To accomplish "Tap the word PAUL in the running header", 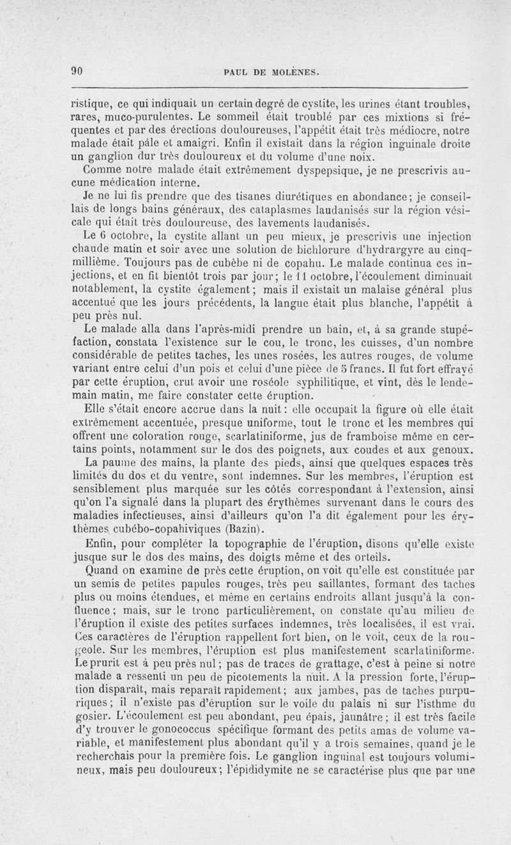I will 233,72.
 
